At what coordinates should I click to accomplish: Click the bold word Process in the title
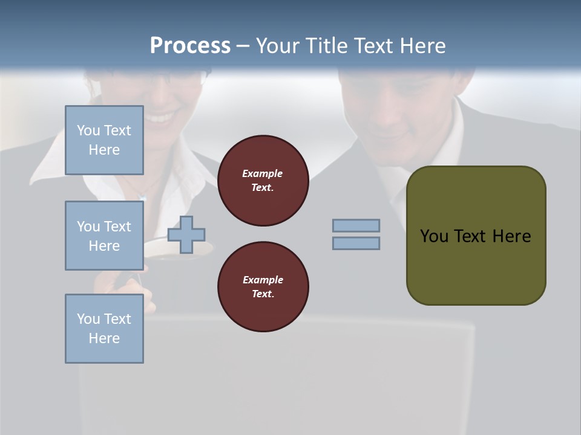pyautogui.click(x=190, y=46)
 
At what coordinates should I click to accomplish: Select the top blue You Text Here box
pyautogui.click(x=104, y=140)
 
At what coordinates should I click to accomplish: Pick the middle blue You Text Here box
pyautogui.click(x=104, y=236)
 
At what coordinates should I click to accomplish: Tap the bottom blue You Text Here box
pyautogui.click(x=104, y=329)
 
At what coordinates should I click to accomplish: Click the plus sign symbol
pyautogui.click(x=186, y=234)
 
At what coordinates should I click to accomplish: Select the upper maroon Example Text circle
pyautogui.click(x=263, y=181)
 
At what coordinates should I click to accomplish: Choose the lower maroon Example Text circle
pyautogui.click(x=263, y=287)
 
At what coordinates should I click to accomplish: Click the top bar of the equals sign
pyautogui.click(x=356, y=225)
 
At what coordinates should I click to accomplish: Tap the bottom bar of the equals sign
pyautogui.click(x=356, y=243)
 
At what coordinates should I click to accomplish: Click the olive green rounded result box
pyautogui.click(x=476, y=236)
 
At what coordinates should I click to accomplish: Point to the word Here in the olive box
pyautogui.click(x=511, y=236)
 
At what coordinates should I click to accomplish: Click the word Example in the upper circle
pyautogui.click(x=263, y=173)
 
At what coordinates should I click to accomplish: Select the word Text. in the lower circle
pyautogui.click(x=263, y=294)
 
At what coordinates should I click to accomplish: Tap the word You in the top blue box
pyautogui.click(x=88, y=130)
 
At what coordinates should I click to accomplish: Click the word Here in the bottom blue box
pyautogui.click(x=104, y=338)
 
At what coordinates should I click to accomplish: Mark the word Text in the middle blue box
pyautogui.click(x=117, y=227)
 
